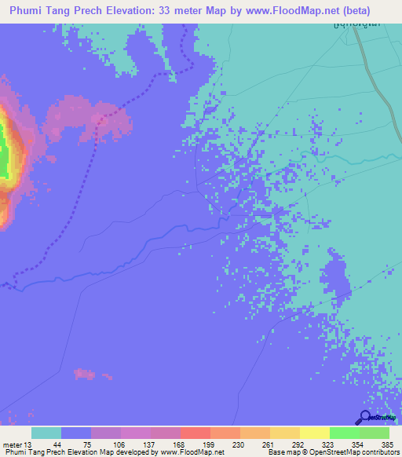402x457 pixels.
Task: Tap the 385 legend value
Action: click(387, 444)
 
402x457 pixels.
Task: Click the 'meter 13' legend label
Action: click(18, 444)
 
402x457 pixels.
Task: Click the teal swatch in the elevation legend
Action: click(46, 433)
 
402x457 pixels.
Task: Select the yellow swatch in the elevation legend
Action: click(315, 433)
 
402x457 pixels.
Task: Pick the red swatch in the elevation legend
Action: click(196, 433)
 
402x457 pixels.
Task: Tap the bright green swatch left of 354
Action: click(345, 433)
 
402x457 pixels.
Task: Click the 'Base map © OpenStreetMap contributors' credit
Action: click(332, 452)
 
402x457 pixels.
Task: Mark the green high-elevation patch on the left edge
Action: click(4, 149)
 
